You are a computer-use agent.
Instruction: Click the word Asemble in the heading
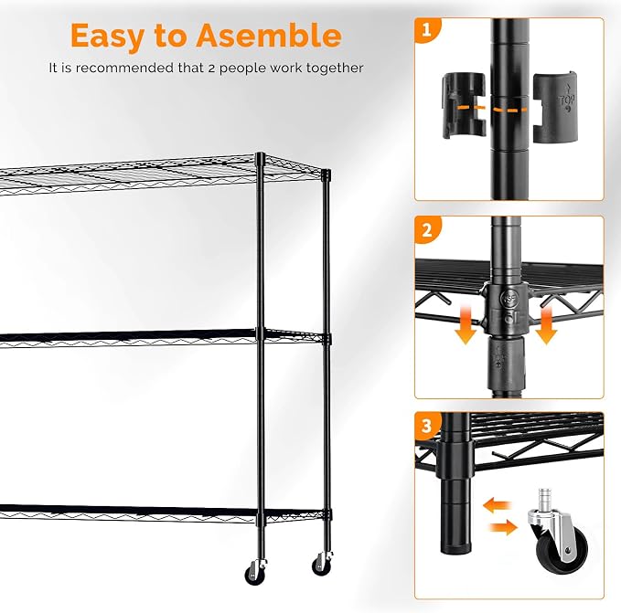point(269,36)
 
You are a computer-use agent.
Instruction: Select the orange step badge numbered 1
point(426,29)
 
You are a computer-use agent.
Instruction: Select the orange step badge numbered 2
point(427,229)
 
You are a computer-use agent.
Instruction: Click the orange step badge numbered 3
point(427,426)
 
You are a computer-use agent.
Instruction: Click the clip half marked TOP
point(554,106)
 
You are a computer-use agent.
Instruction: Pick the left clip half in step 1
point(464,105)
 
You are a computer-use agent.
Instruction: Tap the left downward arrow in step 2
point(466,324)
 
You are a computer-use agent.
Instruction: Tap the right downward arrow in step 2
point(546,325)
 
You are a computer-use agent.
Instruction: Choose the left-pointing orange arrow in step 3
point(497,505)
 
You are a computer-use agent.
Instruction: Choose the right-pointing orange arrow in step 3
point(503,528)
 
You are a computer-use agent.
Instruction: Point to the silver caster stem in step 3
point(544,500)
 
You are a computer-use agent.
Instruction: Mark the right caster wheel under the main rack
point(322,564)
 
